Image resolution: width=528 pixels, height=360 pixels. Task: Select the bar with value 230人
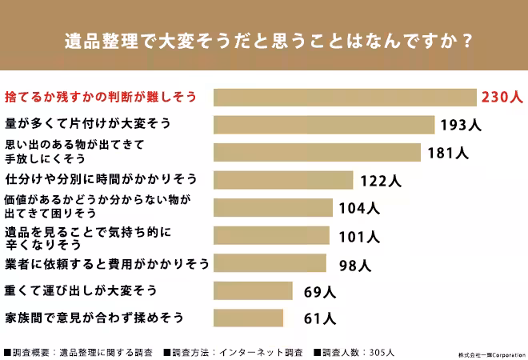point(345,98)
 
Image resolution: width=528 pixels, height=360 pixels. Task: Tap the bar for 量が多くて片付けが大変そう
point(325,126)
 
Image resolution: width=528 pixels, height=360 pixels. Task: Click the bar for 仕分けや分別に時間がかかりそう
point(283,180)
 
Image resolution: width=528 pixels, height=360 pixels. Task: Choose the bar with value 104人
point(273,208)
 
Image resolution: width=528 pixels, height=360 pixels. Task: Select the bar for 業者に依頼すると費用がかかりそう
point(270,263)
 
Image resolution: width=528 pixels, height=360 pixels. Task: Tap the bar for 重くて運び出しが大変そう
point(254,290)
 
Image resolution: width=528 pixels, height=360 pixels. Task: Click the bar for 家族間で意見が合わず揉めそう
point(249,318)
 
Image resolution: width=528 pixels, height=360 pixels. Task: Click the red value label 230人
point(502,98)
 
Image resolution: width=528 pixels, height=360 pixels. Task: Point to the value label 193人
point(459,126)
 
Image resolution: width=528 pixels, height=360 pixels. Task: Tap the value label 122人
point(380,181)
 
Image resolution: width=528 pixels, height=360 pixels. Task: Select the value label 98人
point(352,264)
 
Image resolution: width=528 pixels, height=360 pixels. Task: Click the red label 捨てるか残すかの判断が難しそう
point(101,98)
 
